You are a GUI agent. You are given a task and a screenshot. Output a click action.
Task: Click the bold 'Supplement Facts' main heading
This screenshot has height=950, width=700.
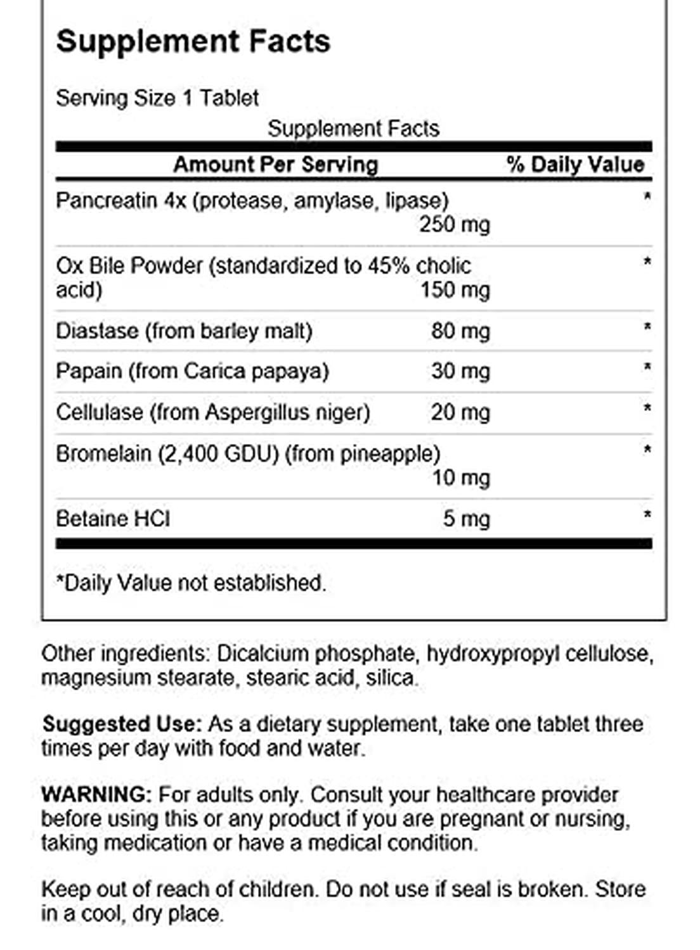(193, 42)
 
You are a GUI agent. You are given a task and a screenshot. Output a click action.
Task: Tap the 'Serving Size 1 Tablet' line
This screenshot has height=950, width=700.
(157, 98)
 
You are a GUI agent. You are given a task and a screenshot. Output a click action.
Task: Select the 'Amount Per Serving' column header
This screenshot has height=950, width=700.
(276, 165)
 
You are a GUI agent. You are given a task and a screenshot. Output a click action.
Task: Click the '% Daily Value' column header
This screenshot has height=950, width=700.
(575, 165)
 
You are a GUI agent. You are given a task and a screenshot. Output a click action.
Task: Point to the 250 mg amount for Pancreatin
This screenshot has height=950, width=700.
(454, 224)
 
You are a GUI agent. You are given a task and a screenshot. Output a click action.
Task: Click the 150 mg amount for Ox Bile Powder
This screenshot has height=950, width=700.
(455, 290)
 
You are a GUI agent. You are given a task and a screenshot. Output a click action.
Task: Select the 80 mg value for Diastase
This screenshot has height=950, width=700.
(460, 331)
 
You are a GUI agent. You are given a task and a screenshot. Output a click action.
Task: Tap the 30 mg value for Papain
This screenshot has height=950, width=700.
(460, 370)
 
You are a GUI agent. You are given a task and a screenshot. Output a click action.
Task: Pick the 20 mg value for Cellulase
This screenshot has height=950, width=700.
(460, 412)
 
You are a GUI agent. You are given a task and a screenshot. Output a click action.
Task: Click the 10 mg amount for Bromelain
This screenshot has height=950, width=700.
(460, 478)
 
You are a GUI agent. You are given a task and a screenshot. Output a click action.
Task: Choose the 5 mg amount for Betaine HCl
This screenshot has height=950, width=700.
(466, 519)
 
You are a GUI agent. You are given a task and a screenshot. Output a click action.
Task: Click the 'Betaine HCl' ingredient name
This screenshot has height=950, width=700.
(113, 519)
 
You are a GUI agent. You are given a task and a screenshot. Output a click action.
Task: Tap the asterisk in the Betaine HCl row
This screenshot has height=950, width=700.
(647, 515)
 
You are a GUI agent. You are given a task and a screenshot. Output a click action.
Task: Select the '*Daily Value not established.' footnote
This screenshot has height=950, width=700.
(191, 583)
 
